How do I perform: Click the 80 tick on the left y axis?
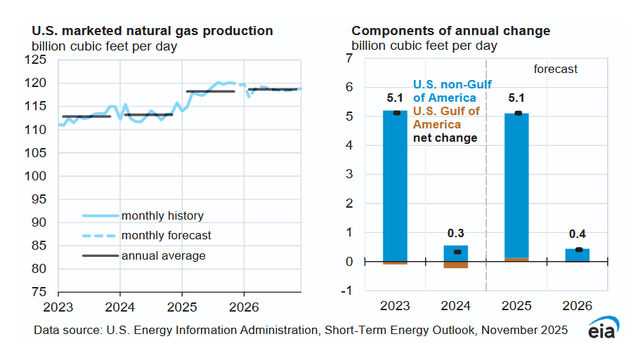(39, 269)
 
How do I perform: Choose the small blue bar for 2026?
(579, 255)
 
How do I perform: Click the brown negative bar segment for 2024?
(457, 265)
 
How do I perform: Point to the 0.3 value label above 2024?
(457, 233)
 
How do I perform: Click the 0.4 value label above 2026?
(579, 236)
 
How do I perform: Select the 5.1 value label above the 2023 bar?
(396, 99)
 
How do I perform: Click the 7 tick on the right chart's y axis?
(349, 59)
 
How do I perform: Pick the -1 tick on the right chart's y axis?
(346, 291)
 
